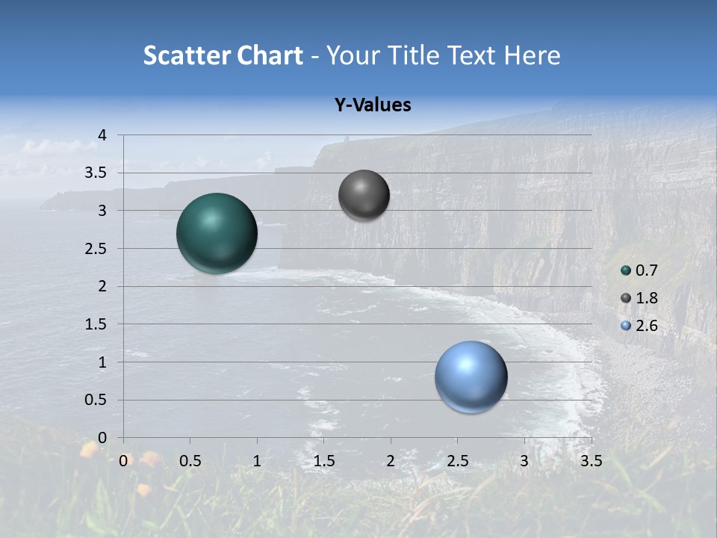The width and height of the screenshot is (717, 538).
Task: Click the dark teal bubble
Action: (x=217, y=233)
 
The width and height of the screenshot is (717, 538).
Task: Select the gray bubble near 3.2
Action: (x=364, y=195)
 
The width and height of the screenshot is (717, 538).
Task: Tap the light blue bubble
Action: (x=471, y=377)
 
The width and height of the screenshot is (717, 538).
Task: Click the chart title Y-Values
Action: (x=372, y=105)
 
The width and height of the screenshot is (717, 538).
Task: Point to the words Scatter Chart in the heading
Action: (x=223, y=55)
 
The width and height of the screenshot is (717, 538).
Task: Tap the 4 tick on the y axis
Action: (x=102, y=135)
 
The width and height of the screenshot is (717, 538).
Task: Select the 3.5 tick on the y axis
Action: (x=97, y=173)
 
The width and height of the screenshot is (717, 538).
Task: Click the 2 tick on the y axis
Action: (x=102, y=286)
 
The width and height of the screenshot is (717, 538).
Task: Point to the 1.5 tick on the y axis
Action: (x=97, y=324)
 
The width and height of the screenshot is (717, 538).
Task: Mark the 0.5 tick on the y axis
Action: (x=97, y=400)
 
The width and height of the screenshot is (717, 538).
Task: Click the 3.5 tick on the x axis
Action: (x=591, y=461)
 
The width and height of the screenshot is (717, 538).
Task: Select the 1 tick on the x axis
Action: (x=257, y=461)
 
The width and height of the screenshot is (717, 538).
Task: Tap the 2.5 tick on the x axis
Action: (x=457, y=461)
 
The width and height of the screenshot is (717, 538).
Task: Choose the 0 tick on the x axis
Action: (x=123, y=461)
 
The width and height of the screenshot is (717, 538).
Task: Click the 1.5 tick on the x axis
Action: (x=323, y=461)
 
